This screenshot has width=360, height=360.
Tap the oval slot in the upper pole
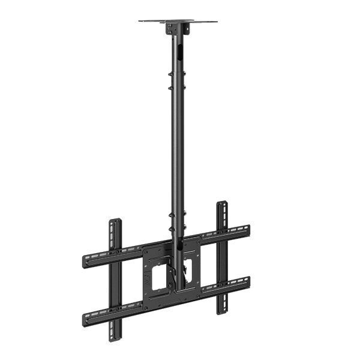[x=179, y=54]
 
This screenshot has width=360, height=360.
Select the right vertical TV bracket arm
[x=222, y=258]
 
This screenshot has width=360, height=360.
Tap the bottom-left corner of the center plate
[x=147, y=306]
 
